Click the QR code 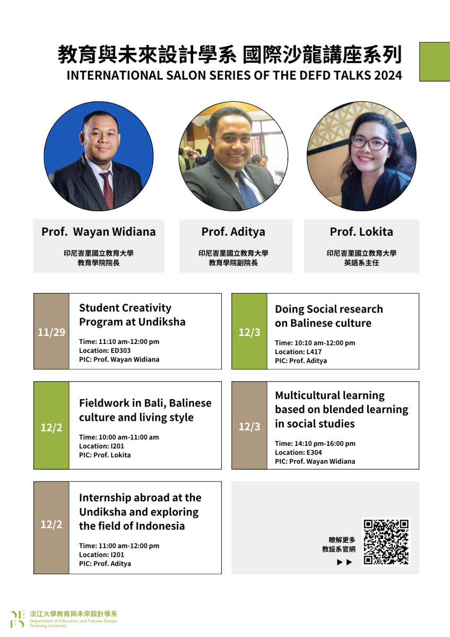(386, 542)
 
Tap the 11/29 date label (51, 332)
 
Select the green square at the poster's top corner (435, 62)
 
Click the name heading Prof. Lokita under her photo (361, 231)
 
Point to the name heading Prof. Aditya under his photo (233, 232)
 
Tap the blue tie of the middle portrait (247, 189)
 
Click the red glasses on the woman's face (369, 143)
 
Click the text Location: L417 (298, 352)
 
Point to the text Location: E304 (298, 452)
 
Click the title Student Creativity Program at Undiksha (132, 315)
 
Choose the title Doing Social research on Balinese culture (329, 316)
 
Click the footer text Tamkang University (48, 626)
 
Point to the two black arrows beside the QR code (344, 562)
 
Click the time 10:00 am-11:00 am (128, 437)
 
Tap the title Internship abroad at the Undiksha (140, 505)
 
